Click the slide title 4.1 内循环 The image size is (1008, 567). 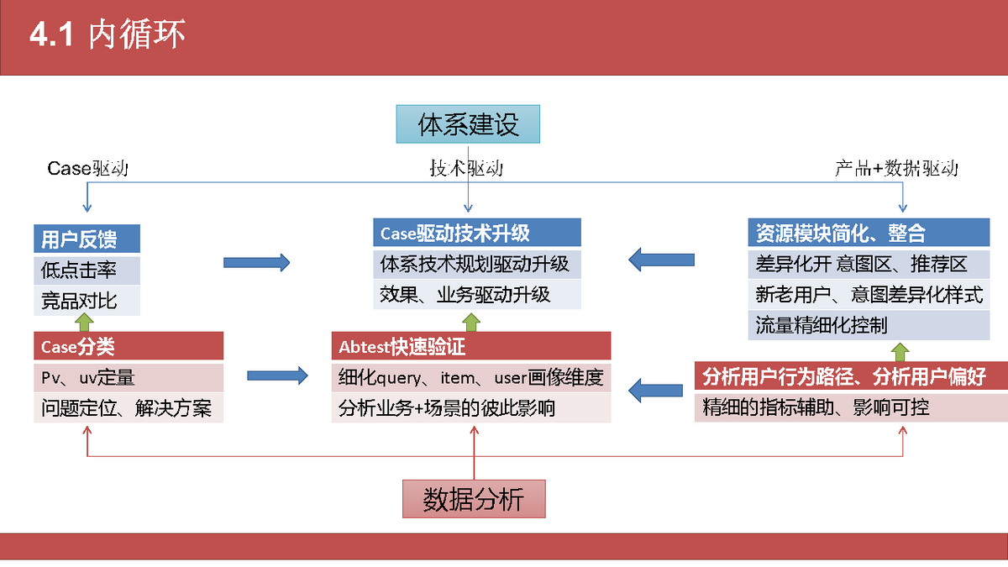pos(108,34)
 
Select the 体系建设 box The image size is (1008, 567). pos(468,124)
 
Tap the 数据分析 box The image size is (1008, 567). pos(474,499)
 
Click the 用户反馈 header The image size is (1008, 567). pos(87,239)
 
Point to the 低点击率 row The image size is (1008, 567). pos(87,270)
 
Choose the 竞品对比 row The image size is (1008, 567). pos(87,301)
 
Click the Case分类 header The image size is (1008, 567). pos(129,346)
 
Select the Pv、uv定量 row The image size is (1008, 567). pos(129,377)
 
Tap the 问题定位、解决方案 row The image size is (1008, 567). pos(129,408)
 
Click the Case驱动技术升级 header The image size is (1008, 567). pos(477,233)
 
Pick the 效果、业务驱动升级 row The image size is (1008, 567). pos(477,295)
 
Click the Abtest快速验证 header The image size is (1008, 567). pos(471,346)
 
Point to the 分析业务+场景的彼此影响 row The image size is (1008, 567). pos(471,408)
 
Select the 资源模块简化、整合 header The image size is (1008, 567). pos(869,233)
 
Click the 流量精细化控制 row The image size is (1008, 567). pos(869,325)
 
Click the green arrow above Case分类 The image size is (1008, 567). pos(84,323)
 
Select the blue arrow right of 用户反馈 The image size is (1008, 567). pos(256,262)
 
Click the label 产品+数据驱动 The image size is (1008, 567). pos(896,168)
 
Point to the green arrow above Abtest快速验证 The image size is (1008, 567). pos(471,323)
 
